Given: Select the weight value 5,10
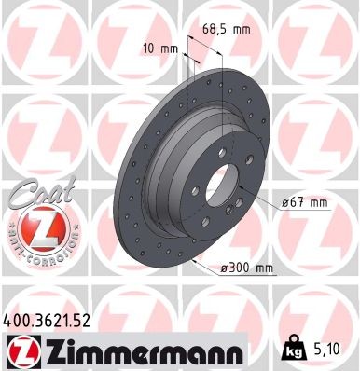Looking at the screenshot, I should click(332, 350).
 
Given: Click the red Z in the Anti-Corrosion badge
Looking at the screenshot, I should click(37, 227).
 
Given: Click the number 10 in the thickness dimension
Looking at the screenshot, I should click(151, 47).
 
